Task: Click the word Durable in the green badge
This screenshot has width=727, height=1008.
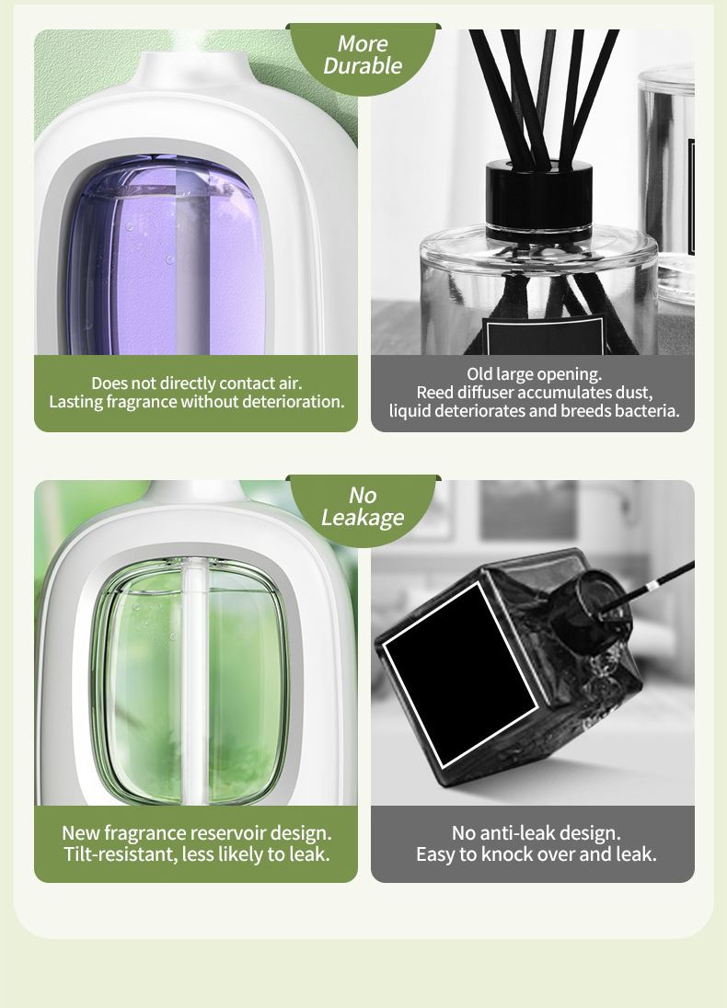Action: point(363,65)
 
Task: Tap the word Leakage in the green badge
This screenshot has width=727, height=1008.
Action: point(363,518)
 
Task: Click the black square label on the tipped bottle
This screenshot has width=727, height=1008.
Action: point(460,674)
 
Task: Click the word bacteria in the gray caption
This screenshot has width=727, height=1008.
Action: point(647,411)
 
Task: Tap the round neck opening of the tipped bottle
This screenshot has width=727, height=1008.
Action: point(602,608)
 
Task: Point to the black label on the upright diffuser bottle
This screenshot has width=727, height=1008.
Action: point(546,335)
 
